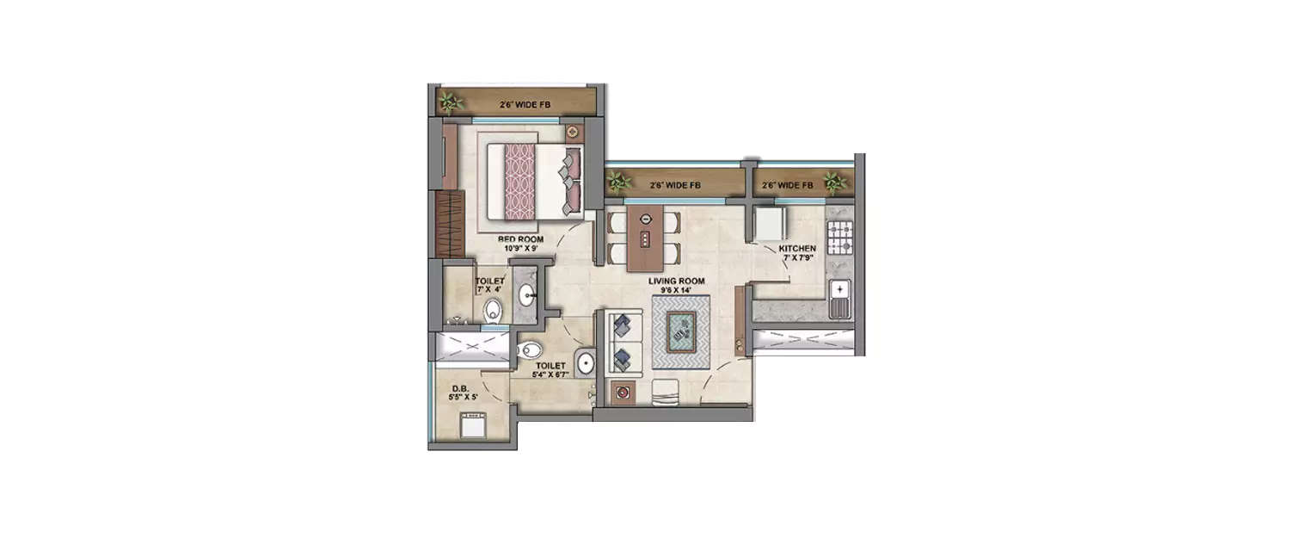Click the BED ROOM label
click(x=518, y=239)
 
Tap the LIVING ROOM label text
click(x=677, y=281)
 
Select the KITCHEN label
click(x=797, y=248)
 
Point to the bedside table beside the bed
click(x=574, y=133)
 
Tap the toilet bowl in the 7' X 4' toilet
click(x=493, y=311)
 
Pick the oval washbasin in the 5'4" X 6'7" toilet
click(x=585, y=362)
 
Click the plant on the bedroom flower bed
click(x=450, y=103)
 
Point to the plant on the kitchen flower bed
click(x=832, y=182)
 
